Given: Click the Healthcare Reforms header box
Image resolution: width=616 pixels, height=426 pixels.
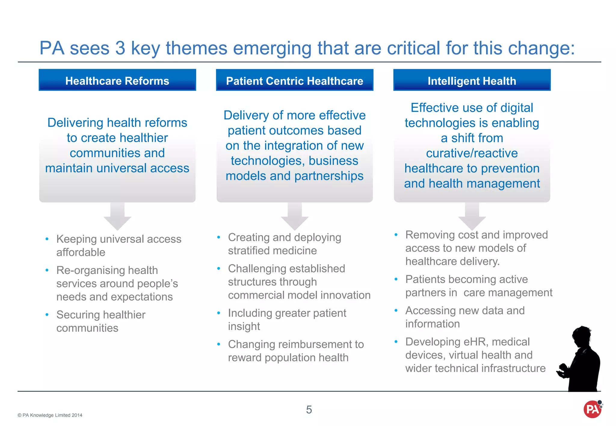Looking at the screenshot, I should coord(117,80).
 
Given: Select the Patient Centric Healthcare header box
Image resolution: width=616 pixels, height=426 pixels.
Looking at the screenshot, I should coord(294,80).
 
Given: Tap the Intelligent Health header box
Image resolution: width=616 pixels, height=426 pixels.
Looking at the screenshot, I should coord(472,80).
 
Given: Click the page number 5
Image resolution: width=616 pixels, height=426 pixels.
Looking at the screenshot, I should coord(309,409).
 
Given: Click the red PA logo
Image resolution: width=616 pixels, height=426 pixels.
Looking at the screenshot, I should coord(592,409).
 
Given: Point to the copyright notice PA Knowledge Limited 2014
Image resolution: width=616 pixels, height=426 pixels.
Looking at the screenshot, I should coord(50,415).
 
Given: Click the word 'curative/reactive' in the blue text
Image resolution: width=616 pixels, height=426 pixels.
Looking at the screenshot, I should coord(472,153).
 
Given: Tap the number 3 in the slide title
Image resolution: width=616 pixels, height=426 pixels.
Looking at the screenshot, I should coord(120,48).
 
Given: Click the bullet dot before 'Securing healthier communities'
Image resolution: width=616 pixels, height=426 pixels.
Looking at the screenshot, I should coord(47,315).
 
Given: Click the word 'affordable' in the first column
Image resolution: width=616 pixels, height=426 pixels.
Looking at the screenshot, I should coord(81,252).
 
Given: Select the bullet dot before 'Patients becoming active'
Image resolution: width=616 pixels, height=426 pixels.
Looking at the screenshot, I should coord(396,279).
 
